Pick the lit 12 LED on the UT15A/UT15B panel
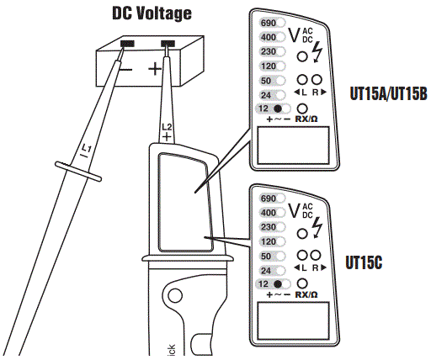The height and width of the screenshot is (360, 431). tap(277, 109)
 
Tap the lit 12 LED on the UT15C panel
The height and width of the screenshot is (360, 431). tap(277, 285)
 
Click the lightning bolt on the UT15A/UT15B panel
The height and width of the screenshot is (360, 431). tap(317, 55)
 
